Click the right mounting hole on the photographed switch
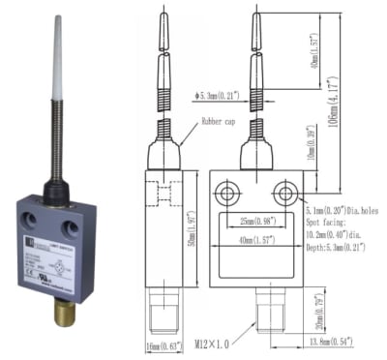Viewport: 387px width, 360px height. click(71, 229)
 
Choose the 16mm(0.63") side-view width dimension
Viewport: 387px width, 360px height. click(160, 346)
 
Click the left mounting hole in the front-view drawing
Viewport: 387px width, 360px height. click(226, 195)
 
